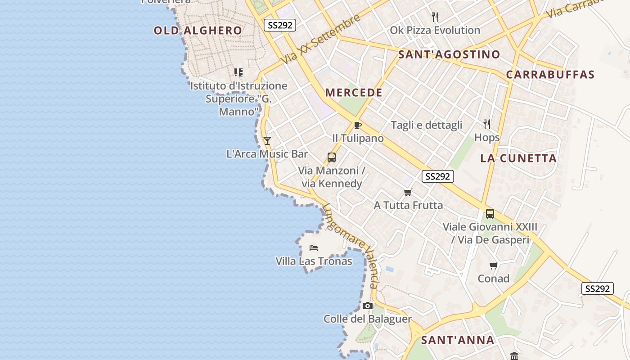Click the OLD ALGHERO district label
tap(198, 31)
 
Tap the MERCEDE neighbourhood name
tap(354, 93)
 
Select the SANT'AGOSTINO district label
tap(449, 55)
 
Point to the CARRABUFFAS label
tap(550, 75)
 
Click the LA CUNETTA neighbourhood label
tap(518, 158)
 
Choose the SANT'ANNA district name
tap(458, 340)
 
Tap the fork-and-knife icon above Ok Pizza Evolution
tap(435, 17)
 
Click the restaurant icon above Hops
tap(487, 124)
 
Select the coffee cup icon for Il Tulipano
tap(358, 125)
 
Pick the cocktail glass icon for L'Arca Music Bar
tap(267, 141)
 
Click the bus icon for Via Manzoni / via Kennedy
tap(332, 157)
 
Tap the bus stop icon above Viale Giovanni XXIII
tap(490, 214)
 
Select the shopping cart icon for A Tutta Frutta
tap(408, 192)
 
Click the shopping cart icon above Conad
tap(494, 265)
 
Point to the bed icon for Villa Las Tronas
tap(314, 247)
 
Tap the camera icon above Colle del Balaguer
tap(368, 306)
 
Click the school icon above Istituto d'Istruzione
tap(238, 72)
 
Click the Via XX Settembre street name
tap(320, 39)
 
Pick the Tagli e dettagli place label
tap(427, 125)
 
